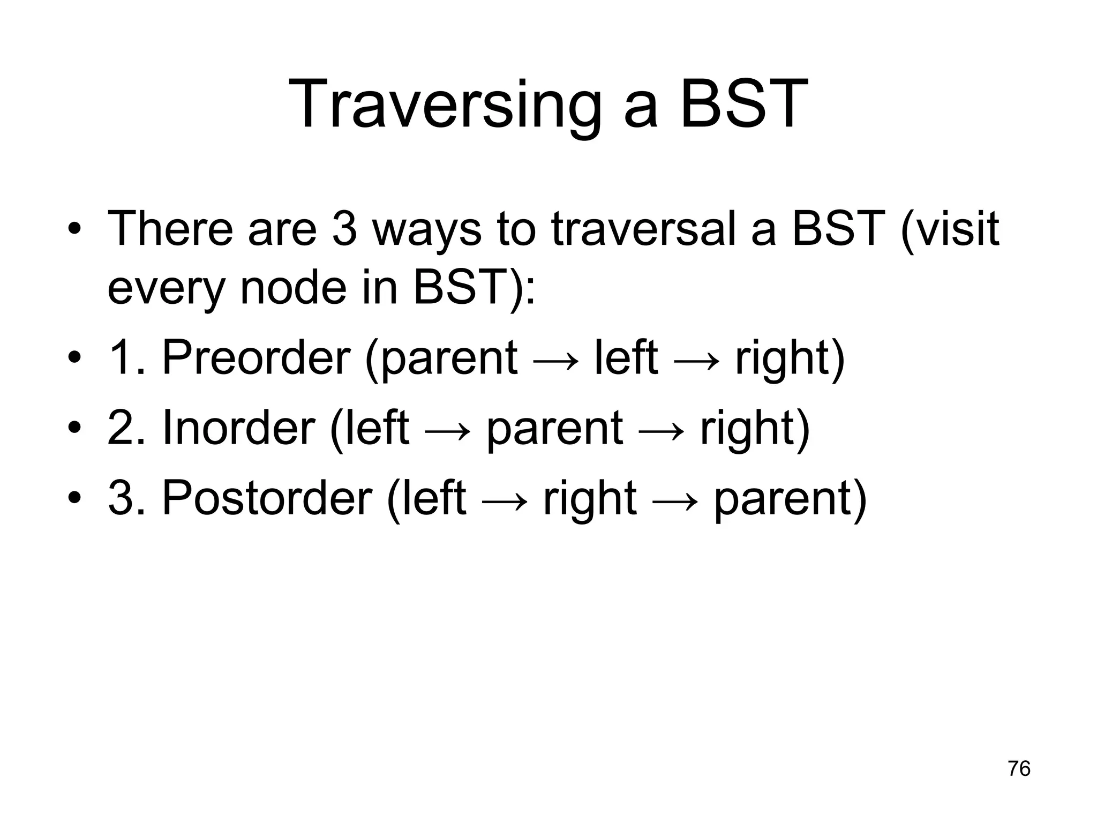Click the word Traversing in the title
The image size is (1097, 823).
(445, 104)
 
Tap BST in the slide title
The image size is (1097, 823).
(745, 104)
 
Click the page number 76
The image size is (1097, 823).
(1019, 768)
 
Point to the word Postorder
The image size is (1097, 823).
(267, 498)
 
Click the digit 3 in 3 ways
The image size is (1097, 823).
(344, 229)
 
